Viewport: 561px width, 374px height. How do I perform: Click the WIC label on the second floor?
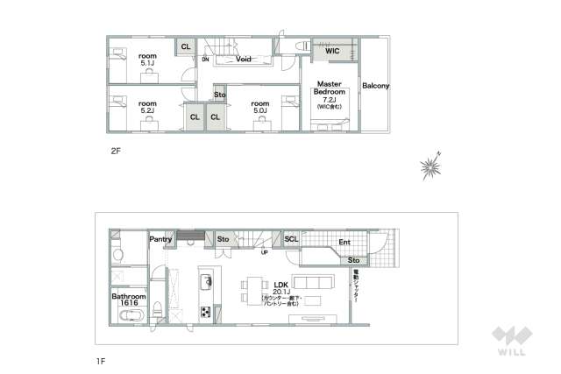(x=332, y=52)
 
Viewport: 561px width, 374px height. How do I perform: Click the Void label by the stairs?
(x=245, y=60)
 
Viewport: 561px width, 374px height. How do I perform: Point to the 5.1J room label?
(x=147, y=58)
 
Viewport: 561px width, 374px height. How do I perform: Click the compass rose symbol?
(x=431, y=166)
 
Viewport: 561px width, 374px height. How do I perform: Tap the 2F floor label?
(x=115, y=151)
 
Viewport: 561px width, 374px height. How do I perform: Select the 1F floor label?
(x=102, y=359)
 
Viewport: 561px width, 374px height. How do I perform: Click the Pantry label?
(x=160, y=238)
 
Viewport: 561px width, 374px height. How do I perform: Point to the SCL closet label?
(x=291, y=238)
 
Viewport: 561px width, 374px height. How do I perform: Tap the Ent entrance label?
(x=344, y=243)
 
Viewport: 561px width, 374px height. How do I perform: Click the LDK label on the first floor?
(x=281, y=286)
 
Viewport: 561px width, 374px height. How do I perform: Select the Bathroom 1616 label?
(x=127, y=300)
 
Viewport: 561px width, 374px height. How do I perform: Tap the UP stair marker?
(x=264, y=252)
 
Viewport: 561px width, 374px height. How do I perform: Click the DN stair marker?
(x=205, y=60)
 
